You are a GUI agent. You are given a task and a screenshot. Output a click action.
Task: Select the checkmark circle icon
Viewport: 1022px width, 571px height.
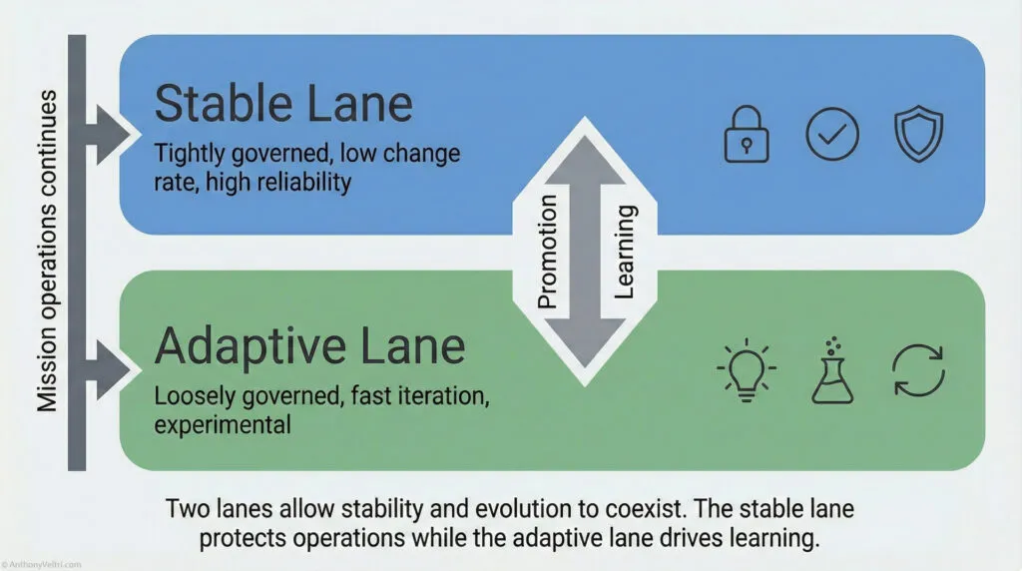pos(831,135)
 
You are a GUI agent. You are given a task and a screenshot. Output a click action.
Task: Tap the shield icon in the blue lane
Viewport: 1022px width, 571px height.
pos(917,135)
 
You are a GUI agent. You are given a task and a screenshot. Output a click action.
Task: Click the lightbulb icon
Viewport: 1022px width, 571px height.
pos(746,371)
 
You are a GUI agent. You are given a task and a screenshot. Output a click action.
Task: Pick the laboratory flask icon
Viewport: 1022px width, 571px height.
pos(831,370)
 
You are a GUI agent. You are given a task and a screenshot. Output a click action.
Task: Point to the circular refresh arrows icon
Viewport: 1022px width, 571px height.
pos(917,371)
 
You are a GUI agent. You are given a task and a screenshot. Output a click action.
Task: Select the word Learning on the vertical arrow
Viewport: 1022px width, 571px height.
pos(627,252)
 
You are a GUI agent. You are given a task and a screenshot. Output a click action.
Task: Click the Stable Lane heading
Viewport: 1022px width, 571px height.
pos(283,104)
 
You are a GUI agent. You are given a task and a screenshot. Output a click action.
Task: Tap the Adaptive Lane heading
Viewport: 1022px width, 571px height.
pos(309,345)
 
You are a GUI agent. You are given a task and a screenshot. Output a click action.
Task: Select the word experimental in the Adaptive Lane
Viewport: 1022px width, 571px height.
pos(222,424)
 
